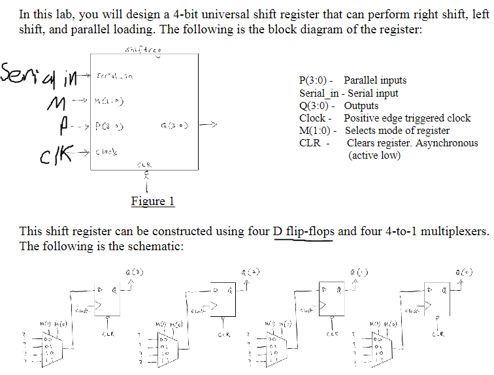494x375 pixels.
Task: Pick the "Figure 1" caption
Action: (x=153, y=201)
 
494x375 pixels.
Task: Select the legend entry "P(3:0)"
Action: (x=317, y=81)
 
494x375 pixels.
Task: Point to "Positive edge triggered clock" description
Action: (x=407, y=118)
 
